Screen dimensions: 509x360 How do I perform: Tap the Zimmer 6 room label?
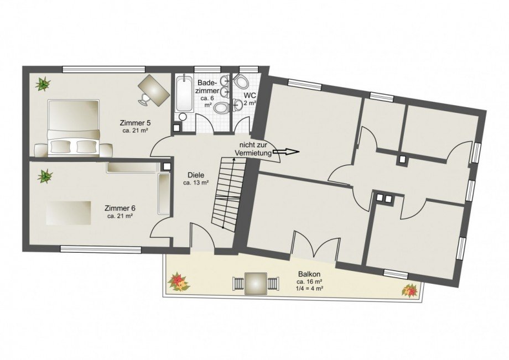coord(120,208)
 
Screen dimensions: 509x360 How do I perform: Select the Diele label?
coord(196,175)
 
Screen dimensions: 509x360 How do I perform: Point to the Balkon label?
coord(309,274)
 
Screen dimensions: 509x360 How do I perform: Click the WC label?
coord(250,96)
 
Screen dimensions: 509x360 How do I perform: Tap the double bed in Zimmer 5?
coord(73,128)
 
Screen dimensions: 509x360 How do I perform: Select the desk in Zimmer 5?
coord(154,90)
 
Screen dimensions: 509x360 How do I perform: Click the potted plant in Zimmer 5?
coord(43,84)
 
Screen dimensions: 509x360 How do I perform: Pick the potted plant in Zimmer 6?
coord(45,176)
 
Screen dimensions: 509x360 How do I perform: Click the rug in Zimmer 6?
coord(68,213)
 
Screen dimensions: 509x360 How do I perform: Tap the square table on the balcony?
coord(256,284)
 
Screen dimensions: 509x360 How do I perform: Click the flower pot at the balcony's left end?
coord(178,281)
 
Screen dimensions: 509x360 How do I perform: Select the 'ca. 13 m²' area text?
coord(196,183)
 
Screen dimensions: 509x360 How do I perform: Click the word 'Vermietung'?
coord(253,153)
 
